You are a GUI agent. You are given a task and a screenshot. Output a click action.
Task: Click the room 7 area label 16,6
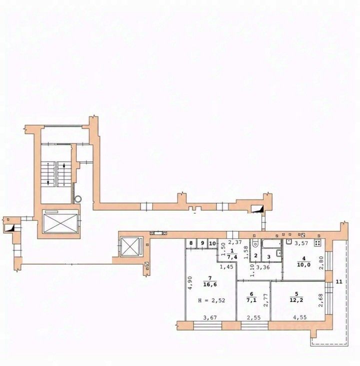pyautogui.click(x=210, y=285)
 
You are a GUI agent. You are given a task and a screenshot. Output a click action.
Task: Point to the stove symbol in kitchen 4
pyautogui.click(x=317, y=243)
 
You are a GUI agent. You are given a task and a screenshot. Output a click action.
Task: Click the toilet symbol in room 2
pyautogui.click(x=255, y=243)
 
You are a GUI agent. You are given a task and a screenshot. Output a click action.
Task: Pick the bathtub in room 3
pyautogui.click(x=271, y=244)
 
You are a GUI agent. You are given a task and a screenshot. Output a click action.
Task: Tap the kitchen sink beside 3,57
pyautogui.click(x=289, y=242)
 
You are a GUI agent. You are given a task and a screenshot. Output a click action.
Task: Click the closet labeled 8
pyautogui.click(x=191, y=243)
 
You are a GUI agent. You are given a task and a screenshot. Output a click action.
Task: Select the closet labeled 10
pyautogui.click(x=202, y=243)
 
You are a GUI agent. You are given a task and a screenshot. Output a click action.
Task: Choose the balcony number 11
pyautogui.click(x=212, y=243)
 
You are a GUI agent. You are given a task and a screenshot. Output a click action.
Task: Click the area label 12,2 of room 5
pyautogui.click(x=339, y=281)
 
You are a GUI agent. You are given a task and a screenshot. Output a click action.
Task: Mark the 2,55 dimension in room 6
pyautogui.click(x=254, y=317)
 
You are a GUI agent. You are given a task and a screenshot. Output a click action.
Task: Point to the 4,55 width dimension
pyautogui.click(x=300, y=317)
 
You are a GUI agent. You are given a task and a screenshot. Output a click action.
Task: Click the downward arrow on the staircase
pyautogui.click(x=48, y=173)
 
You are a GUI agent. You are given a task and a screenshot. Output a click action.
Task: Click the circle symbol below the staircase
pyautogui.click(x=78, y=199)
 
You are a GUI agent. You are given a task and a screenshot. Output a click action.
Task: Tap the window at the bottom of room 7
pyautogui.click(x=207, y=325)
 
